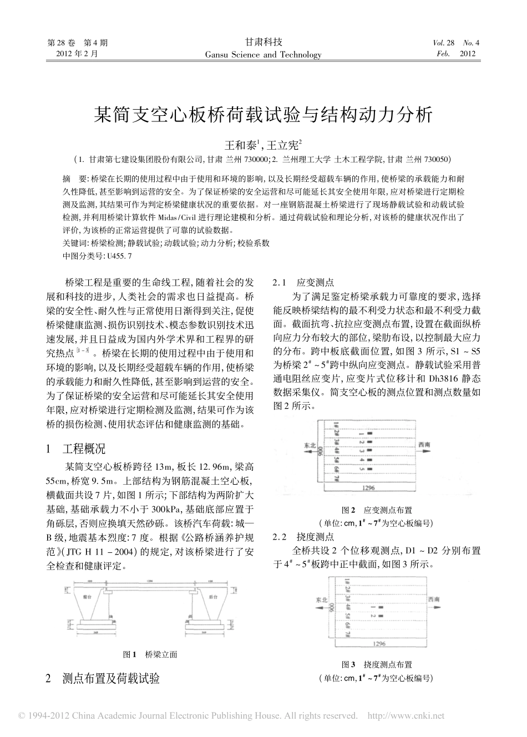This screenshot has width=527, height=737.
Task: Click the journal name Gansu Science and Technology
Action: [263, 55]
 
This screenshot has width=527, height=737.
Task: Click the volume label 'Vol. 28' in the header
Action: [443, 43]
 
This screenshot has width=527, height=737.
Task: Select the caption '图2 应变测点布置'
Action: [377, 510]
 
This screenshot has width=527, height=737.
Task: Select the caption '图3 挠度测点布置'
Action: [377, 664]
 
